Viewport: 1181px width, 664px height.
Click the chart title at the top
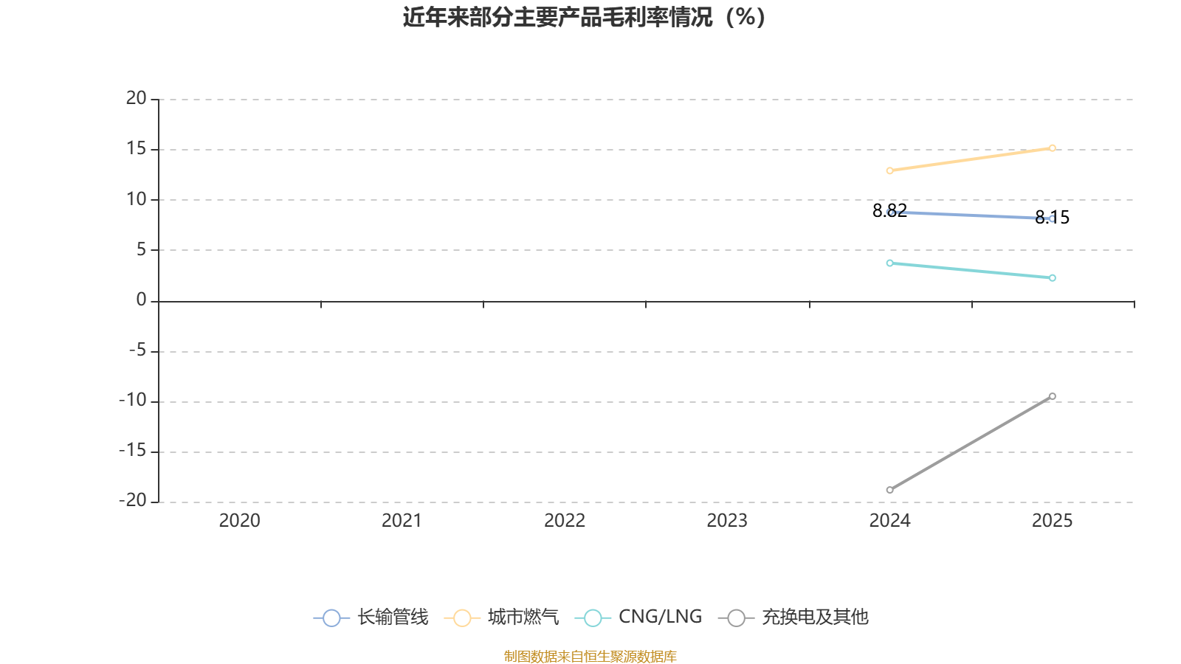pos(584,17)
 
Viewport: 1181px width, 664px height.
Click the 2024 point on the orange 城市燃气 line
pos(889,170)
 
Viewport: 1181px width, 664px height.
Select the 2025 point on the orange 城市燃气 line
pos(1052,148)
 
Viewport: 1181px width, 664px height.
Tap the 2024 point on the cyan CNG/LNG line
pos(889,263)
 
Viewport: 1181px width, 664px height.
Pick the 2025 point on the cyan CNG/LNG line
pos(1052,278)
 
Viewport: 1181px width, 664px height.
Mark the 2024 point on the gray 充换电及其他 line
pos(889,490)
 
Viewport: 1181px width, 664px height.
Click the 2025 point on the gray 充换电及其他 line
pos(1052,397)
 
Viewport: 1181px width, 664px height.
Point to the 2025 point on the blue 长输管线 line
pos(1052,218)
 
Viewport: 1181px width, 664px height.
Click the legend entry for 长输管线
pos(371,618)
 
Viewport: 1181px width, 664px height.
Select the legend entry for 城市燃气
pos(502,618)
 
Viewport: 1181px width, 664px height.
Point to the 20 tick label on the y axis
pos(136,98)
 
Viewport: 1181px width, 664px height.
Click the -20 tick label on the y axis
pos(133,500)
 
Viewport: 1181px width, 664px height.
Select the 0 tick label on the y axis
pos(141,300)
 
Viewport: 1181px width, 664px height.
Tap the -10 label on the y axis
pos(133,400)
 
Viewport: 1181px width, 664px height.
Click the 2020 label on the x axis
pos(239,521)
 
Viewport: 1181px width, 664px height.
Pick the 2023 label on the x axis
pos(727,521)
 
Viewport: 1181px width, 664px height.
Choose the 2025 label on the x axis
pos(1052,521)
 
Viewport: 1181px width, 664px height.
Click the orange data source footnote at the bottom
pos(590,656)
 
